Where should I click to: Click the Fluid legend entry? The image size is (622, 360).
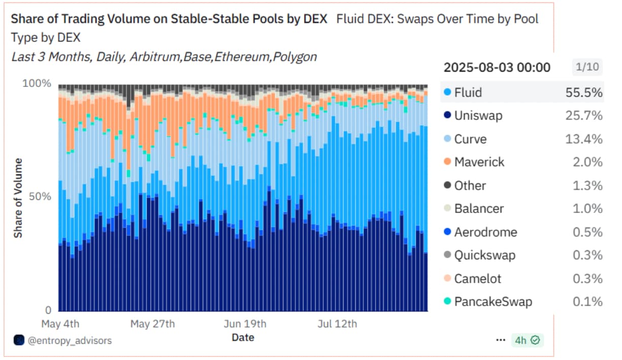468,93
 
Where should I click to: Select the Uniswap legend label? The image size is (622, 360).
478,116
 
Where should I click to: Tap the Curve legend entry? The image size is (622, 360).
470,139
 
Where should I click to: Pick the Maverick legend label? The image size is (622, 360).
479,162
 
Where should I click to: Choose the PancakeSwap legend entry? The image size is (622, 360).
493,302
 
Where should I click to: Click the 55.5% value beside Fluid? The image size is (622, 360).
584,93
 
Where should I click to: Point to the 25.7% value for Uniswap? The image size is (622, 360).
584,116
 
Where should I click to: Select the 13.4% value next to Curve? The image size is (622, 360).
584,139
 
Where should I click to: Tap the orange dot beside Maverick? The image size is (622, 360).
447,162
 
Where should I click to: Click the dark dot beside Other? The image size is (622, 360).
447,186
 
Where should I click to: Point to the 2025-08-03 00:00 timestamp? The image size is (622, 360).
496,67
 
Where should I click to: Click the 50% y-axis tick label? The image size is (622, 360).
40,197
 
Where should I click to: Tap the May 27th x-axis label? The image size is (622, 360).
152,323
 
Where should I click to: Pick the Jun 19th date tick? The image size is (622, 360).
245,323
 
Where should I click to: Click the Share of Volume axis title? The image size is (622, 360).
18,198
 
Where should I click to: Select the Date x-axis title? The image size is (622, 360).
243,337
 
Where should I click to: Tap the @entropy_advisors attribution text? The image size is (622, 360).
69,340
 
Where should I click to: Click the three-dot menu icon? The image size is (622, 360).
501,340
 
